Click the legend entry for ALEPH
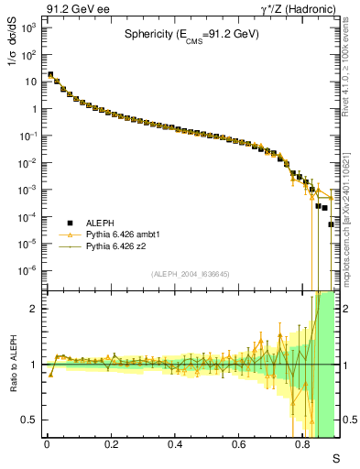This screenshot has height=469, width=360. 80,223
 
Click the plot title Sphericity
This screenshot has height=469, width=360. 192,36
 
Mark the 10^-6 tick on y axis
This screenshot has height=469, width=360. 29,270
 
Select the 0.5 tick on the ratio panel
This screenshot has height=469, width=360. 34,420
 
